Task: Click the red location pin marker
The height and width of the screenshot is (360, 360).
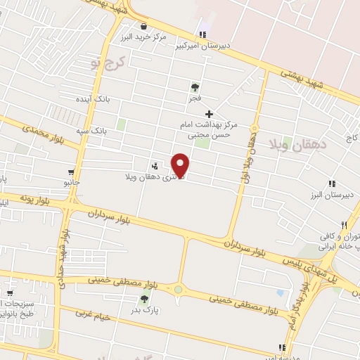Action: tap(181, 165)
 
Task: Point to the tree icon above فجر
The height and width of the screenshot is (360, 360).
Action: tap(195, 87)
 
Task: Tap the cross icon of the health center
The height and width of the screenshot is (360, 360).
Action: tap(209, 114)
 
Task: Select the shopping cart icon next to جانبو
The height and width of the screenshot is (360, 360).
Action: tap(71, 172)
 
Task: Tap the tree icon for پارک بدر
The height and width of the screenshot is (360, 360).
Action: tap(144, 299)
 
